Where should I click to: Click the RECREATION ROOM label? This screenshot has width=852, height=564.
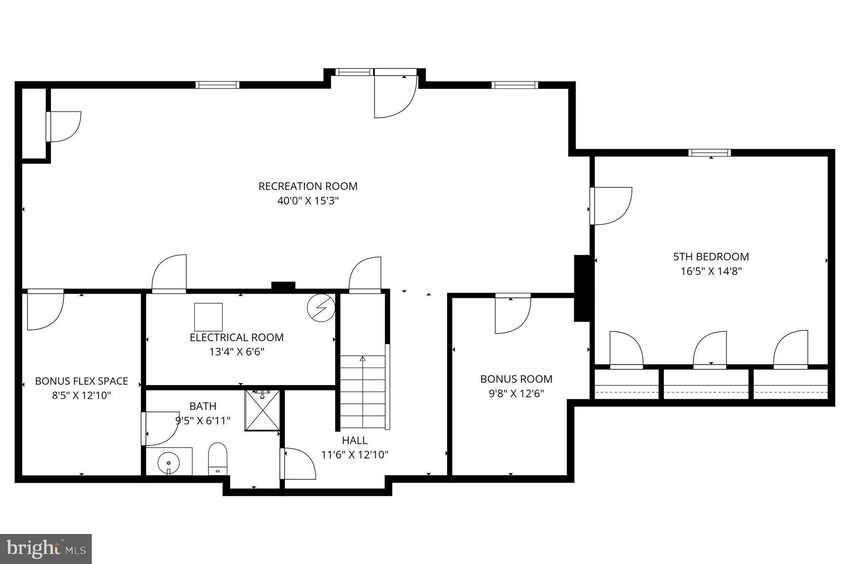tap(308, 186)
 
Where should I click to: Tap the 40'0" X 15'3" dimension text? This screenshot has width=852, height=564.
tap(308, 201)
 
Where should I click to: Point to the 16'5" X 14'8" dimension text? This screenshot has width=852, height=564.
tap(711, 272)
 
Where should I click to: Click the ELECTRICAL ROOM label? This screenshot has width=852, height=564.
tap(236, 337)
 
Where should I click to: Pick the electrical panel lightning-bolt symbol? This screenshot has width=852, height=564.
tap(321, 308)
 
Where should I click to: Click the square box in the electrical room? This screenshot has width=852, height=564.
tap(208, 317)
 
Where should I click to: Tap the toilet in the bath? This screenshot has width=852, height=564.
tap(217, 458)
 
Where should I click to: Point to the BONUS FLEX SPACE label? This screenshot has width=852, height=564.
tap(81, 381)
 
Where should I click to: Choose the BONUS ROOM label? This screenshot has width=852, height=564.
tap(516, 379)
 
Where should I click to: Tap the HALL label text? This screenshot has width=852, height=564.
tap(354, 441)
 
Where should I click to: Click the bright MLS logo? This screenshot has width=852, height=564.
tap(45, 549)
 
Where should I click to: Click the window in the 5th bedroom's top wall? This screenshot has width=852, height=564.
tap(709, 153)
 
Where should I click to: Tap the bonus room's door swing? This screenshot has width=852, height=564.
tap(512, 315)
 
